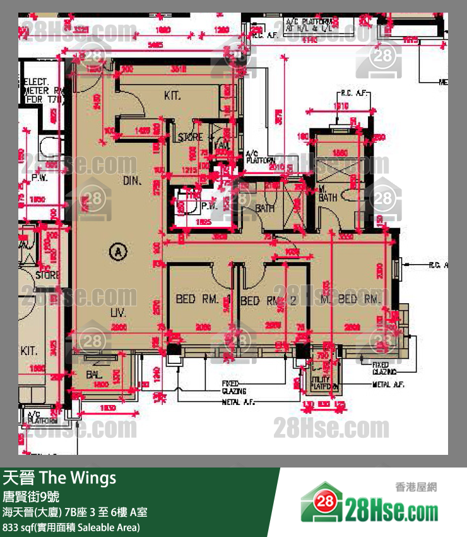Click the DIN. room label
(x=131, y=181)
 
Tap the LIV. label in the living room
(x=118, y=313)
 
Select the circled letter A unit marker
(x=117, y=252)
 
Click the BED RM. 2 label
(x=268, y=301)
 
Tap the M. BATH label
(x=328, y=193)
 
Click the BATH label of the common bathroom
(x=264, y=208)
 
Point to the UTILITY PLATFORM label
(x=325, y=382)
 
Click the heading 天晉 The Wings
(x=60, y=478)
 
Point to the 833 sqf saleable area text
(x=71, y=527)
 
